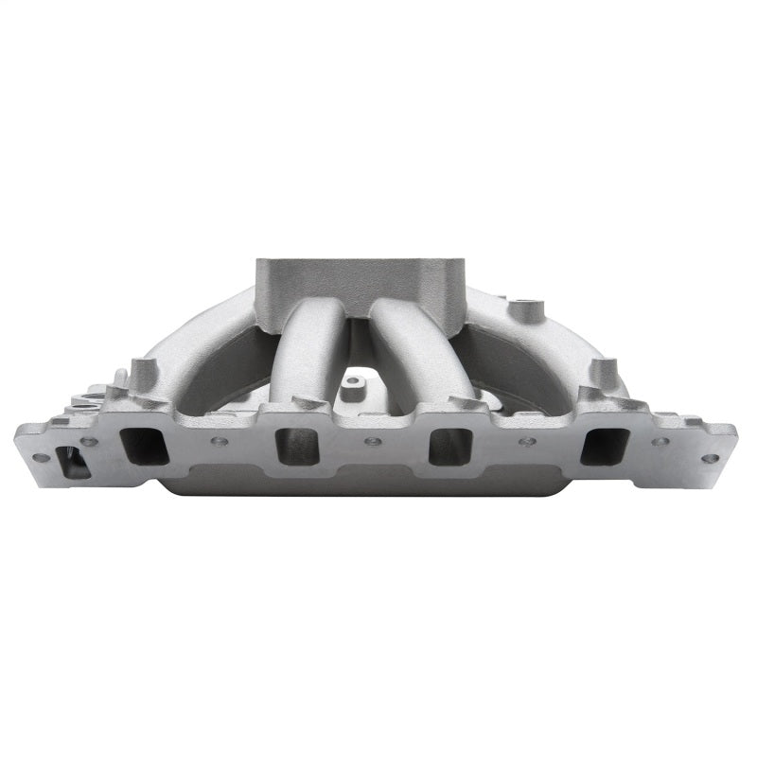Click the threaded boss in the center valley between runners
click(x=354, y=386)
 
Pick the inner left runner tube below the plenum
click(x=310, y=355)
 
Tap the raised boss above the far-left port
click(x=141, y=371)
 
